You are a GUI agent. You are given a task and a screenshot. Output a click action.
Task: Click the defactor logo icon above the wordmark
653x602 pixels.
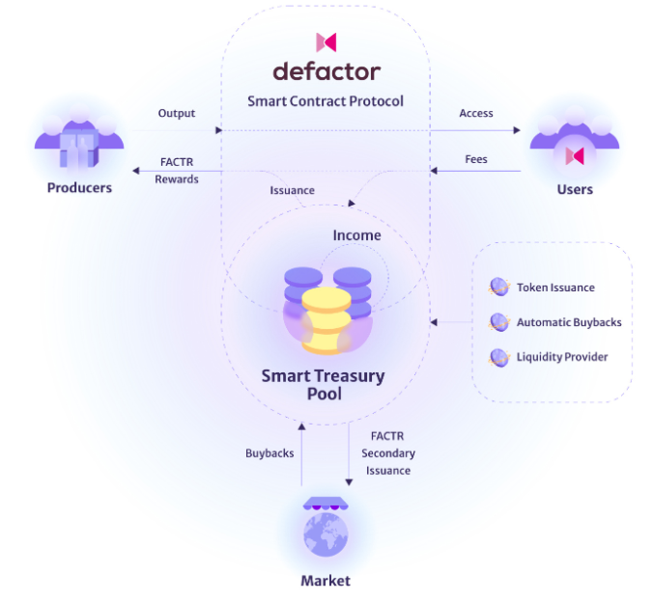tap(326, 41)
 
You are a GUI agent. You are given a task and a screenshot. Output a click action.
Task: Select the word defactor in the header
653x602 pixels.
tap(326, 71)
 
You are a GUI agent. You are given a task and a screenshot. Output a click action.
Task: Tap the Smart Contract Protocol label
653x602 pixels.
tap(326, 100)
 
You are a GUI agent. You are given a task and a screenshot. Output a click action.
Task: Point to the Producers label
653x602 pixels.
tap(79, 187)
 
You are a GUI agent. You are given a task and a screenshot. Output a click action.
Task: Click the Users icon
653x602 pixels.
tap(574, 150)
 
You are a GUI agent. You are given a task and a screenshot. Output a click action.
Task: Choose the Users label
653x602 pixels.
tap(575, 189)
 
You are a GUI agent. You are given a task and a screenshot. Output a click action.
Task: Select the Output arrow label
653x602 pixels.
tap(176, 113)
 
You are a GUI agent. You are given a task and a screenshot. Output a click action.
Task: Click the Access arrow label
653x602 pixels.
tap(476, 113)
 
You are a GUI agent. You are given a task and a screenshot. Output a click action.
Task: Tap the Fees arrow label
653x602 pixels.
tap(476, 159)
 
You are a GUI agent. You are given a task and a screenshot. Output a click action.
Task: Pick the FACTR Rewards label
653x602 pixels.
tap(178, 170)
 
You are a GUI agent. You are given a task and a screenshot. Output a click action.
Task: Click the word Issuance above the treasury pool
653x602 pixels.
tap(292, 190)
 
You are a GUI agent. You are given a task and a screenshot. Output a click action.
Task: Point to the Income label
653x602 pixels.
tap(356, 235)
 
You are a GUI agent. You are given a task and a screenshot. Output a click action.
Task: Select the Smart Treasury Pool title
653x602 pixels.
tap(323, 384)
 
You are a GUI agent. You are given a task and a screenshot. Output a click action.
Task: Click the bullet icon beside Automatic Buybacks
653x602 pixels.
tap(498, 322)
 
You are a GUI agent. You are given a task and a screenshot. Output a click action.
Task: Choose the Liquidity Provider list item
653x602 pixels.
tap(562, 357)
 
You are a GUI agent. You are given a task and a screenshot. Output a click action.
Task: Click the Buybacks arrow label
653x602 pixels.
tap(270, 452)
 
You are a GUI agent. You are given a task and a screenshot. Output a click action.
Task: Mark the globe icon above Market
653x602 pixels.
tap(326, 533)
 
